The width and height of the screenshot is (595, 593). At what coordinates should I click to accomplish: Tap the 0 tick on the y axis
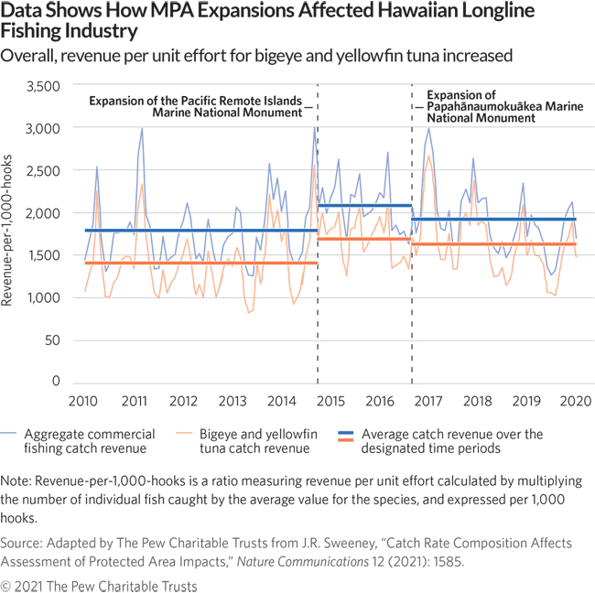pos(55,383)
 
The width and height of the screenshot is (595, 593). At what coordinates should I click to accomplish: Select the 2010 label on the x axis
pos(85,401)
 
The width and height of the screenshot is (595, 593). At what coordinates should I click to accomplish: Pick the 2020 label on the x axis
pos(575,401)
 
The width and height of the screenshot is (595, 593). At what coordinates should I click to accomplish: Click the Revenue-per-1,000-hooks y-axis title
pos(12,234)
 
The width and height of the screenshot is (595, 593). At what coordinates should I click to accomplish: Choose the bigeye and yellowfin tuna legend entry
pos(265,441)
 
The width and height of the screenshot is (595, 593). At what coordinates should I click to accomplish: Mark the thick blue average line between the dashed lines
pos(364,206)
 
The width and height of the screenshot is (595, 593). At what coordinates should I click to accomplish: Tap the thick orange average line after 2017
pos(494,244)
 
